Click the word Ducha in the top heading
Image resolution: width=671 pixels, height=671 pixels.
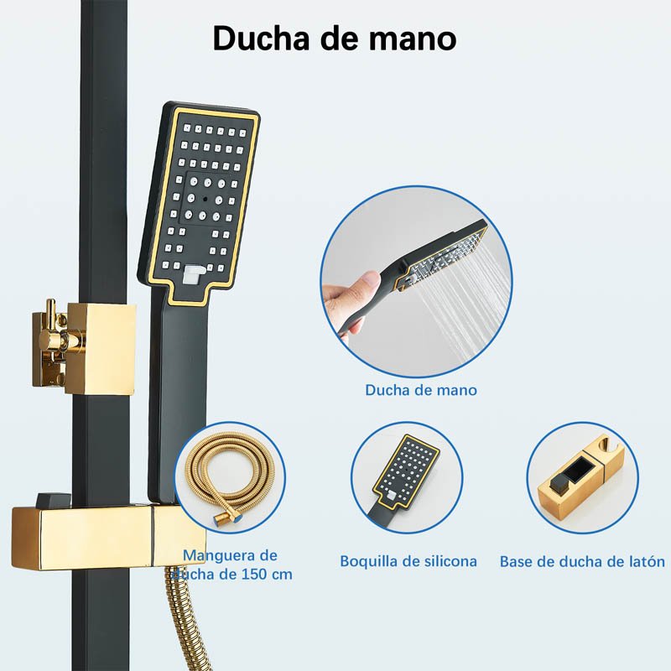tap(261, 38)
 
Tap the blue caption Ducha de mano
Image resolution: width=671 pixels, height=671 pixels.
tap(421, 390)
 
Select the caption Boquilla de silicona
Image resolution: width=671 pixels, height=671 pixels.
tap(408, 561)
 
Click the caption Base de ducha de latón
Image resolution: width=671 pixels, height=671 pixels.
tap(582, 561)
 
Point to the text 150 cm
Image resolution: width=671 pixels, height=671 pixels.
tap(267, 574)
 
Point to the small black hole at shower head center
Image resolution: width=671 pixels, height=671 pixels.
tap(205, 199)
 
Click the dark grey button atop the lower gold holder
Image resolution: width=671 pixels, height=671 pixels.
tap(54, 499)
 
